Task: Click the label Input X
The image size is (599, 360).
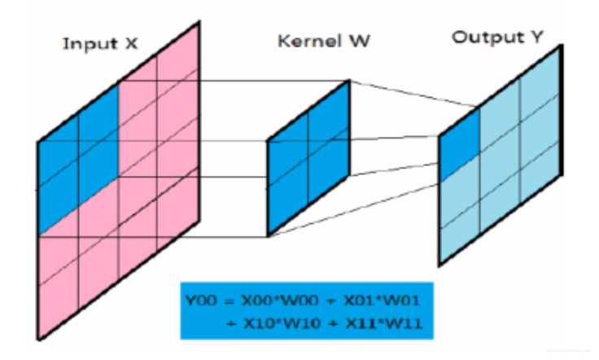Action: (99, 42)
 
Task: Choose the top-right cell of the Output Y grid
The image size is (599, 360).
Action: (540, 96)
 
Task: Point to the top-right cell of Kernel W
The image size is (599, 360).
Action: (329, 113)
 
